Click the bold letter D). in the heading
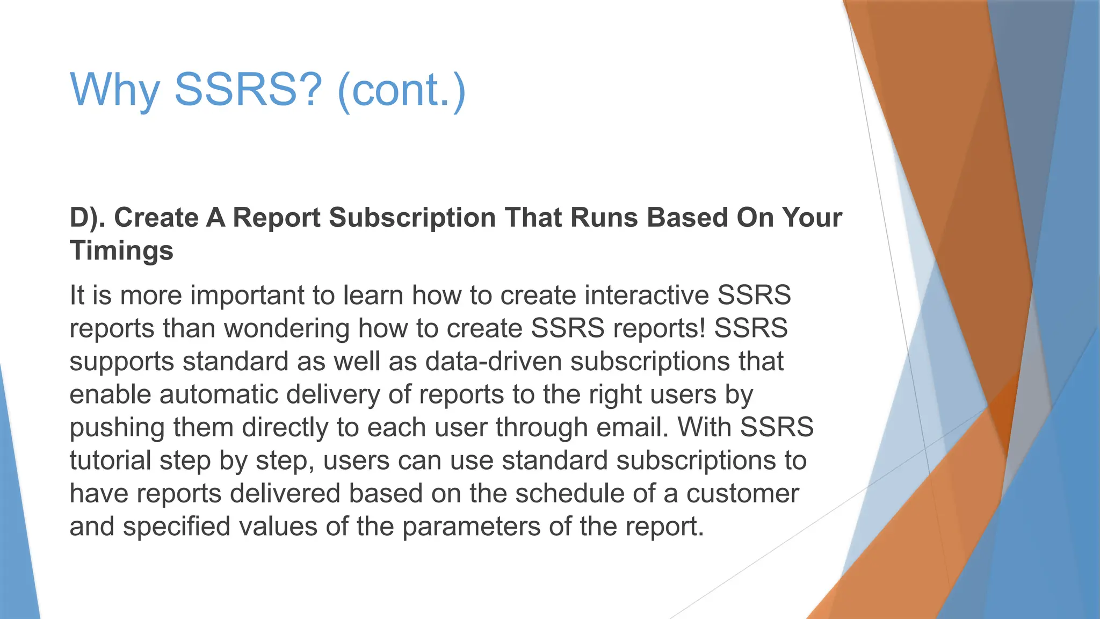coord(88,218)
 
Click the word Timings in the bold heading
coord(121,251)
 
